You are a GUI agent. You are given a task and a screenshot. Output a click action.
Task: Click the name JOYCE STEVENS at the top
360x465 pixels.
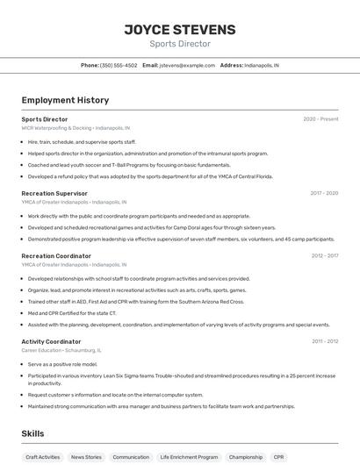click(179, 30)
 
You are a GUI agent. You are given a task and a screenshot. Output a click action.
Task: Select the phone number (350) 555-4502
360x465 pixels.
click(119, 65)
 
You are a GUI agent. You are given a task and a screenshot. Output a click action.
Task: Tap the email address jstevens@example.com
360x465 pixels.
click(186, 65)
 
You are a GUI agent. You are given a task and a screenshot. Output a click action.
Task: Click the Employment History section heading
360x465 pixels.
click(65, 100)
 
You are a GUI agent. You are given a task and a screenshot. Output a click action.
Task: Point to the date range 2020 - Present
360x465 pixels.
click(320, 118)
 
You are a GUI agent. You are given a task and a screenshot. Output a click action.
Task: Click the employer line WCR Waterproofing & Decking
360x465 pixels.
click(76, 127)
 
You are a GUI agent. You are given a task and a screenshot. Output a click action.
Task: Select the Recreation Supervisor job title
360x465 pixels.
click(54, 193)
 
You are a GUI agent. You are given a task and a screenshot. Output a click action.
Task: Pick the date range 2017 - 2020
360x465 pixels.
click(324, 193)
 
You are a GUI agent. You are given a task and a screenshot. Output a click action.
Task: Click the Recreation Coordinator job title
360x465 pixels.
click(56, 256)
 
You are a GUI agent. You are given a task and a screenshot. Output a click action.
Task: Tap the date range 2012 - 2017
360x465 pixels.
click(324, 256)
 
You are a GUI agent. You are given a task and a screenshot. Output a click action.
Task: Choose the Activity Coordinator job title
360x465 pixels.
click(51, 341)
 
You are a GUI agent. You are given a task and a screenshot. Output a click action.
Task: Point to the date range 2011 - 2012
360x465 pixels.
click(324, 341)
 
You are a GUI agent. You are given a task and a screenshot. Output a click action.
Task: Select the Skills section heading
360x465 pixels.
click(32, 433)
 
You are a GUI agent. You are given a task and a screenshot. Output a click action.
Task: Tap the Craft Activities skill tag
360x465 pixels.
click(42, 457)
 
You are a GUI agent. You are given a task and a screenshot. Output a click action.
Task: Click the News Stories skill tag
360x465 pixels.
click(86, 457)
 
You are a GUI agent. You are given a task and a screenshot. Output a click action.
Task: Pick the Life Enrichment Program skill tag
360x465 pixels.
click(189, 457)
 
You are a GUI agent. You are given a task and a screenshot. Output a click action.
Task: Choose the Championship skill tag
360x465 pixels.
click(246, 457)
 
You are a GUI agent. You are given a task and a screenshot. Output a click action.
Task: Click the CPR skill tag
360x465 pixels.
click(278, 457)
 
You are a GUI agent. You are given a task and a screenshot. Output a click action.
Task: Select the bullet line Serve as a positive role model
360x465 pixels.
click(62, 363)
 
